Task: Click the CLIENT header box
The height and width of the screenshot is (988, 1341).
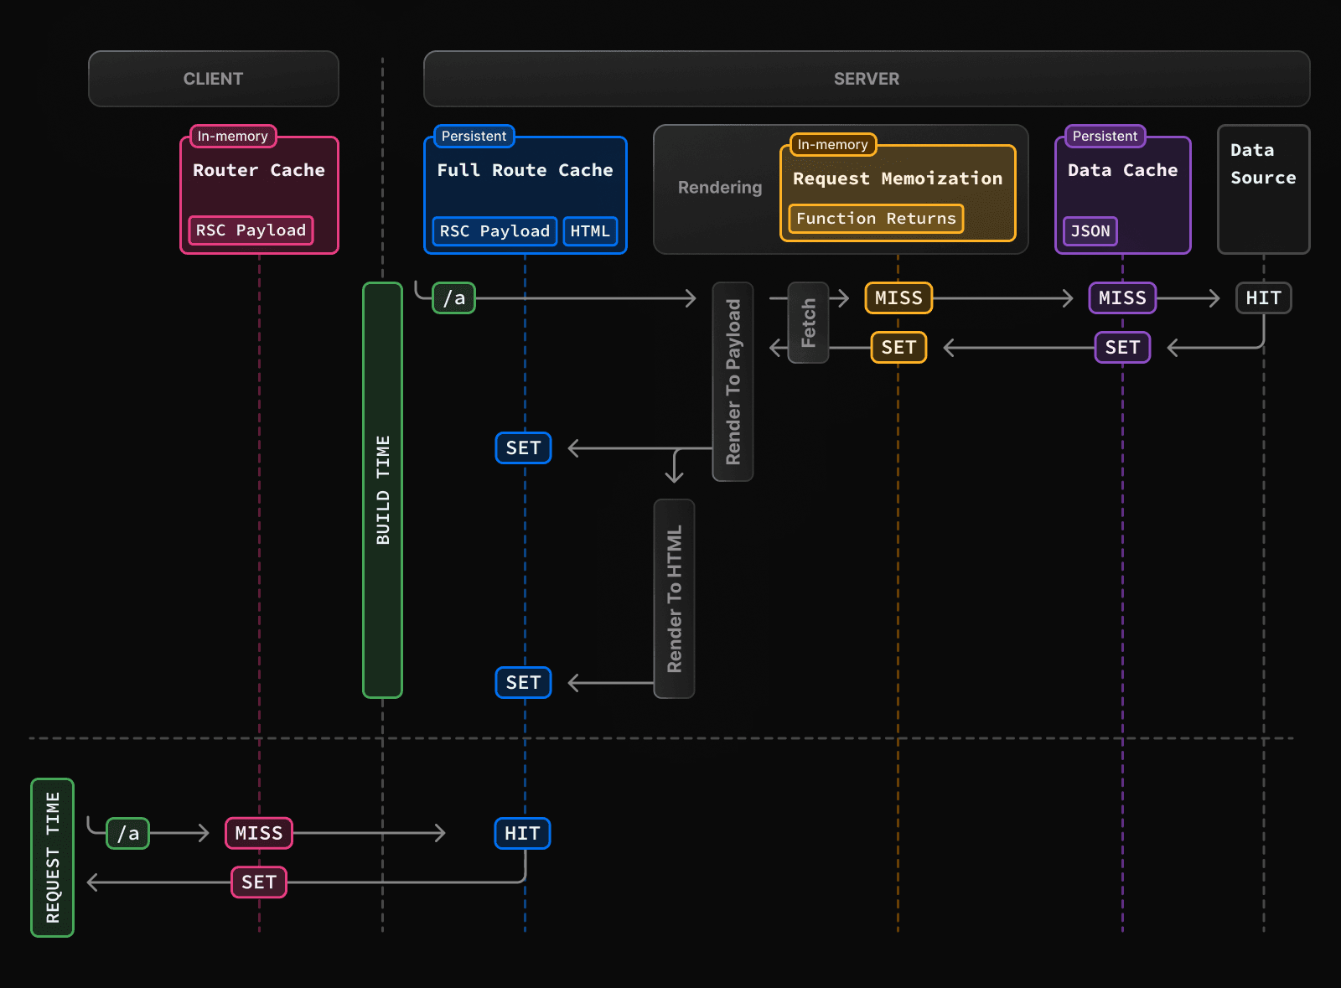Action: tap(213, 79)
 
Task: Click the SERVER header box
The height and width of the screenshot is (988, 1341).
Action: tap(866, 79)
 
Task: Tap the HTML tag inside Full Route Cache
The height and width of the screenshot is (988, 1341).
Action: tap(590, 231)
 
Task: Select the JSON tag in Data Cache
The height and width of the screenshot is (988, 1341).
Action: tap(1090, 231)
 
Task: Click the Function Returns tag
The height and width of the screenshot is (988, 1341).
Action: tap(875, 219)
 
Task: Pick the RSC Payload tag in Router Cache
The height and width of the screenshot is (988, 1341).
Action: tap(251, 230)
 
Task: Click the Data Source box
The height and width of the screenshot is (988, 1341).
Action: tap(1263, 189)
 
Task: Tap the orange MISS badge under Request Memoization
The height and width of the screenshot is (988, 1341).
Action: tap(898, 298)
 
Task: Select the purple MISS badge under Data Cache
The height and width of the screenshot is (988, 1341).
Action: tap(1122, 298)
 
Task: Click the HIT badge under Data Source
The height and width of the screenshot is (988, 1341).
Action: tap(1263, 298)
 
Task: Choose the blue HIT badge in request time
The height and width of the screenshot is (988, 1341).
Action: tap(522, 834)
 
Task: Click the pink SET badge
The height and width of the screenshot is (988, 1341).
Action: tap(259, 882)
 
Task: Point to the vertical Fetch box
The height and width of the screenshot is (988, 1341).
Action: tap(808, 323)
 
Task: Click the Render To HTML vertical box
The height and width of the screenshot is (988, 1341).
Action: tap(674, 598)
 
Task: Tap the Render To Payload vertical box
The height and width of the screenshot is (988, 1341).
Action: tap(733, 381)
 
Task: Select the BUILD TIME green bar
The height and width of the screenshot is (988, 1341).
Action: tap(382, 490)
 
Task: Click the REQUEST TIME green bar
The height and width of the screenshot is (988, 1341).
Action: tap(53, 857)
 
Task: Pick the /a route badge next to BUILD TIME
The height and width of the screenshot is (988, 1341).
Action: tap(453, 298)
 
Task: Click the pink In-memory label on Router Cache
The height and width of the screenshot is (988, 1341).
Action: tap(233, 137)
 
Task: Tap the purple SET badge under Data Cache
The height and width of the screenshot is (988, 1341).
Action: tap(1122, 348)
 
